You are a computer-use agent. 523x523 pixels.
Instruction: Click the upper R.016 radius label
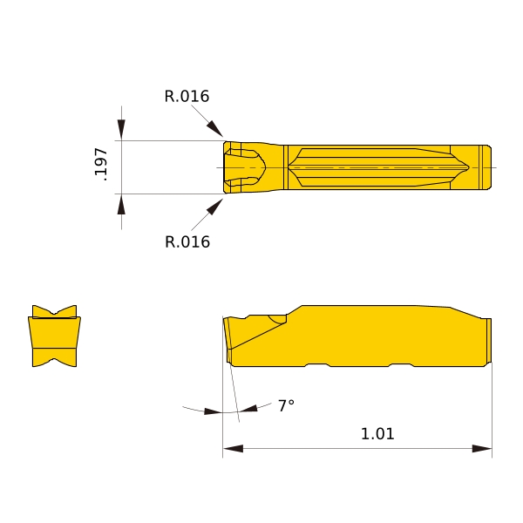[187, 96]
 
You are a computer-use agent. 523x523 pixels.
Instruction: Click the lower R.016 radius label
[187, 241]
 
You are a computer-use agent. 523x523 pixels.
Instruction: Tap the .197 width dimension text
[101, 164]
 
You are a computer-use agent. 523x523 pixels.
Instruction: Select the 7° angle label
[287, 405]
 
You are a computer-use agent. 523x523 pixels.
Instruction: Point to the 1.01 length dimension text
[377, 433]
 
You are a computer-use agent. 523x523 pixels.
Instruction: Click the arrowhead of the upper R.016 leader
[214, 129]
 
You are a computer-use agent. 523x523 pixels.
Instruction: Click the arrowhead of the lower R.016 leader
[214, 207]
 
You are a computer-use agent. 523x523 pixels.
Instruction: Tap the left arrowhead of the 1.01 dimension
[233, 448]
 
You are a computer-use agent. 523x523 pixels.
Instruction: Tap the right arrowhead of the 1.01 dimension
[482, 448]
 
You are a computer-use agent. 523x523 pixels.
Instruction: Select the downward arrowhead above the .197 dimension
[121, 129]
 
